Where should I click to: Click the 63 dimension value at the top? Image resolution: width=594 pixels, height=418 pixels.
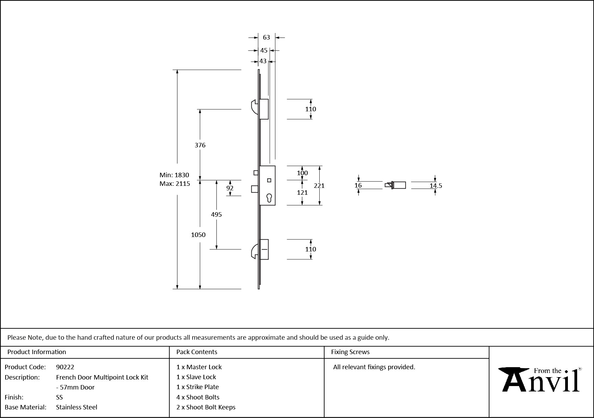(266, 37)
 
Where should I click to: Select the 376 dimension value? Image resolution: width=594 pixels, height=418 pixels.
(200, 145)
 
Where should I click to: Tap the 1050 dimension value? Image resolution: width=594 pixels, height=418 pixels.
(198, 235)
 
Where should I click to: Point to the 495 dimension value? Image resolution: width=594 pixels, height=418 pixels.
(216, 215)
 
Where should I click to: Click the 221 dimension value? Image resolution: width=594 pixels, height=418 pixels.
(319, 186)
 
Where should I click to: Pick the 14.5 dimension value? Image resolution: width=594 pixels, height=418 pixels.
(436, 186)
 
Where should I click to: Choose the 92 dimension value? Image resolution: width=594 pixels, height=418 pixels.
(230, 188)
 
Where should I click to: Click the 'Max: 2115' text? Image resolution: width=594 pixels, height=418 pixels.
(175, 184)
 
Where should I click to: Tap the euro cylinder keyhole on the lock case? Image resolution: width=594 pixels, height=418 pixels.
(269, 198)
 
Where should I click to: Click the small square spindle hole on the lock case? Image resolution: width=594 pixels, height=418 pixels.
(269, 180)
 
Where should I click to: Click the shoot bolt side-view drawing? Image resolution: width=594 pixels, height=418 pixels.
(396, 185)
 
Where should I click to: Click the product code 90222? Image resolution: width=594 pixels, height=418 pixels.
(65, 367)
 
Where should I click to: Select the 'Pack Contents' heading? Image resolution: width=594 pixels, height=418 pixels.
(197, 352)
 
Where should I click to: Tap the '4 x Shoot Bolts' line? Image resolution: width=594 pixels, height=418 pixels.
(198, 397)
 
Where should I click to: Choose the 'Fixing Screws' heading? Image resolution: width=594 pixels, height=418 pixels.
(350, 352)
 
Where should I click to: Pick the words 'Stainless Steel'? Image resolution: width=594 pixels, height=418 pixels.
(77, 407)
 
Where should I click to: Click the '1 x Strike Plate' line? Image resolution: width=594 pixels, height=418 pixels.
(197, 387)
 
